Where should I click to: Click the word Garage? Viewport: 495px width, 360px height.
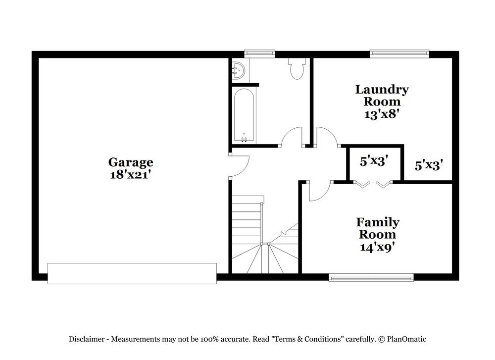pos(131,162)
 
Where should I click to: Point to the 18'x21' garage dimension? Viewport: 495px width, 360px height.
pos(131,174)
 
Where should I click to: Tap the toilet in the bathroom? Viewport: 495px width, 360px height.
pos(297,69)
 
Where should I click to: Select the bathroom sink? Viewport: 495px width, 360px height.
pos(238,70)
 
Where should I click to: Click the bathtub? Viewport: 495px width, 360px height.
pos(244,115)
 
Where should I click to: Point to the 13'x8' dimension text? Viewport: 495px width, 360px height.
pos(382,113)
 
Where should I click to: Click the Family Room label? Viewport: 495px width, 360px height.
pos(377,228)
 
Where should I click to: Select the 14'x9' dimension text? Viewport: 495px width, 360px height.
pos(377,246)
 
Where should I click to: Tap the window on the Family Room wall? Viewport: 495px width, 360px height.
pos(371,277)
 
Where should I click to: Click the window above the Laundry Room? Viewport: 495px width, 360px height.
pos(399,53)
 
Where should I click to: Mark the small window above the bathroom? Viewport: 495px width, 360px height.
pos(260,53)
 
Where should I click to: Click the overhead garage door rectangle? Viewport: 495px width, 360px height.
pos(132,273)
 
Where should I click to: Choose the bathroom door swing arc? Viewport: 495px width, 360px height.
pos(292,137)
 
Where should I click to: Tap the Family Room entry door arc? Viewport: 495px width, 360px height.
pos(319,192)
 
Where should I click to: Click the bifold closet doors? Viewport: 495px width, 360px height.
pos(374,184)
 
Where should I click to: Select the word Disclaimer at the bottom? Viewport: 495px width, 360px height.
pos(87,339)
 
